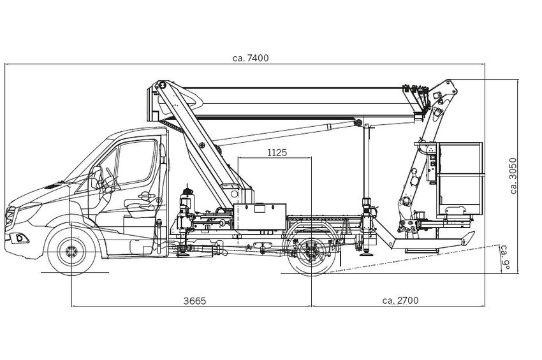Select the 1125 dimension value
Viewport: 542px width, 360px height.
[276, 152]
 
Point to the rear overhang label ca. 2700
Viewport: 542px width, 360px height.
[400, 300]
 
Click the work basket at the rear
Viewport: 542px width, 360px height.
[459, 178]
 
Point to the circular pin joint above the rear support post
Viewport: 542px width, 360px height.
[360, 124]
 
